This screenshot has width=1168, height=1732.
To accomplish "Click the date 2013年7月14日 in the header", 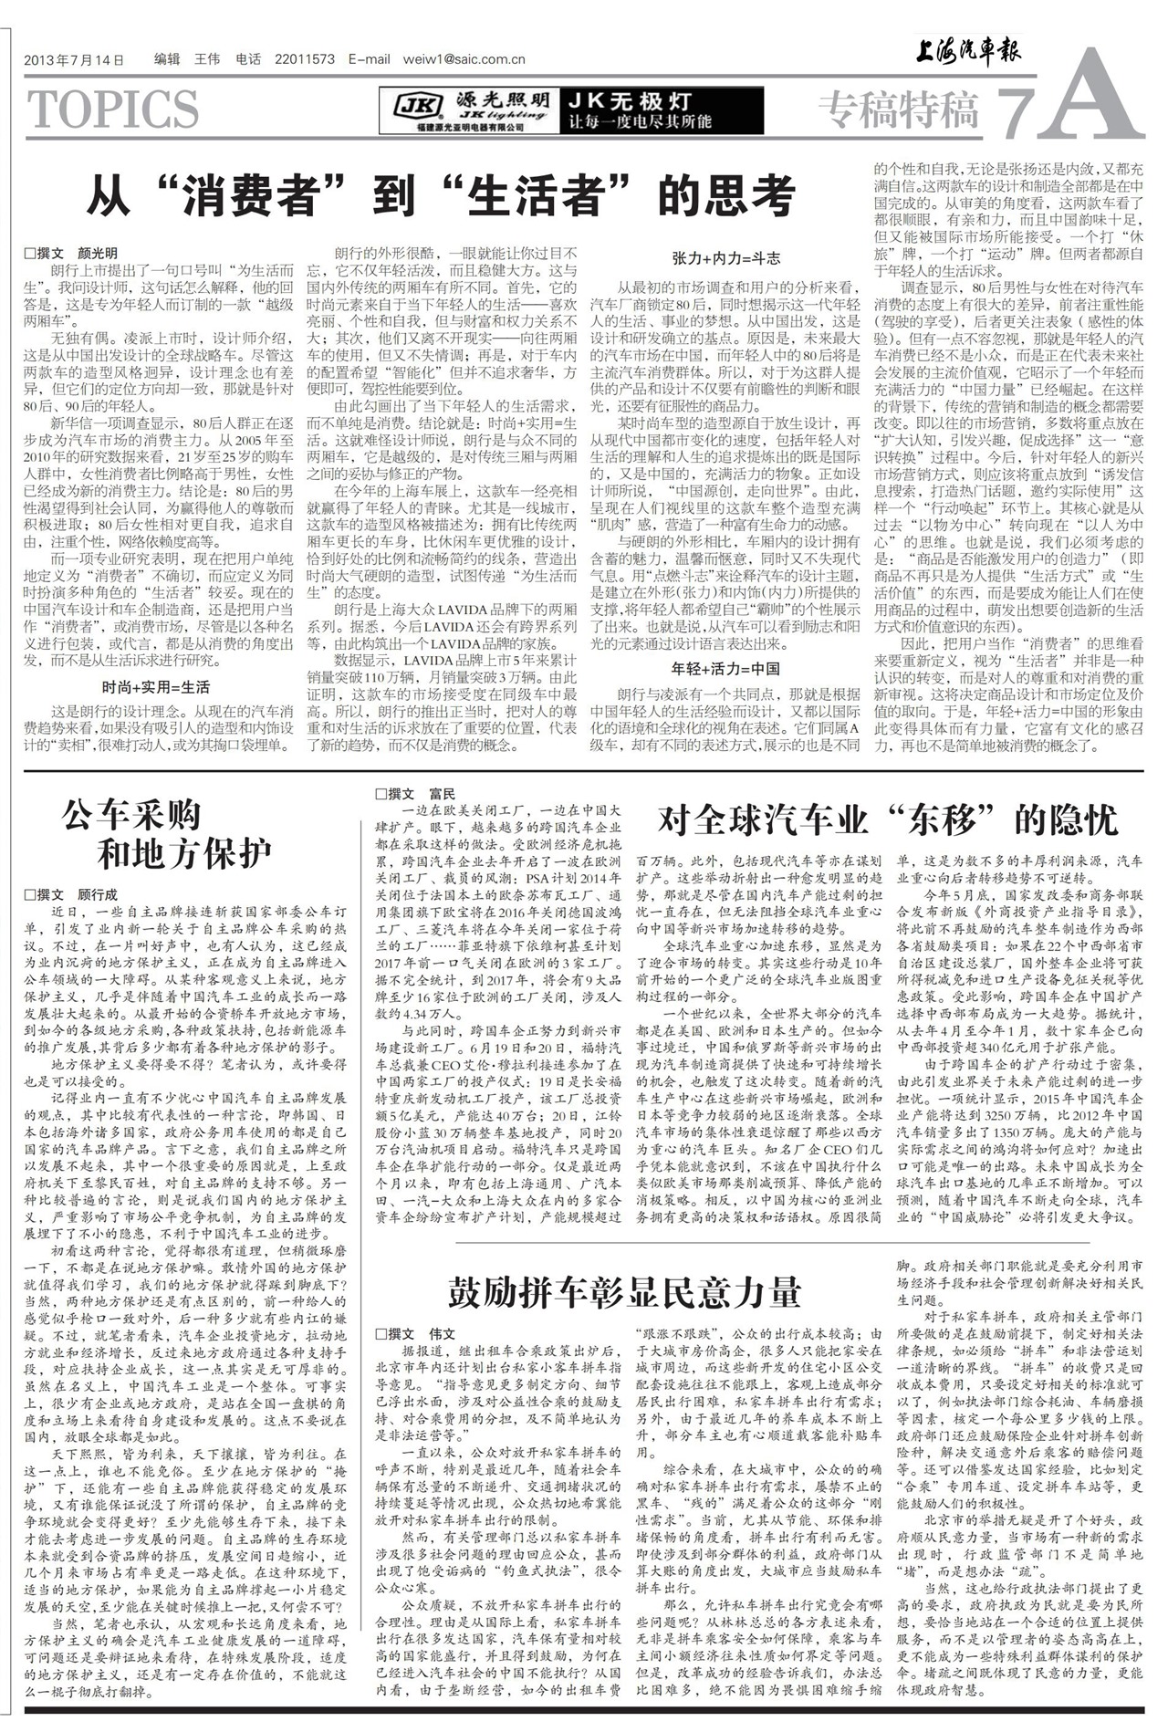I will [74, 60].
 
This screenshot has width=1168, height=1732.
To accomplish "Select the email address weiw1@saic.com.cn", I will [464, 60].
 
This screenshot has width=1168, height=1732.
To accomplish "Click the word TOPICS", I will [114, 110].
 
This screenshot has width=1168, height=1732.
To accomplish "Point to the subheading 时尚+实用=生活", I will [156, 687].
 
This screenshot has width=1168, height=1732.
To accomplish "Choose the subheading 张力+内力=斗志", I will [725, 258].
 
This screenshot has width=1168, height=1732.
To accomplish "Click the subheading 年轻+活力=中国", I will [725, 668].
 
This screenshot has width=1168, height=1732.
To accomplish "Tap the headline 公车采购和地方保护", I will [169, 834].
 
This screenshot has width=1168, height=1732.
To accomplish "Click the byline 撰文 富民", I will [415, 794].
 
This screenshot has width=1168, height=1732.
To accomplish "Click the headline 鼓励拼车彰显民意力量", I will [624, 1292].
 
